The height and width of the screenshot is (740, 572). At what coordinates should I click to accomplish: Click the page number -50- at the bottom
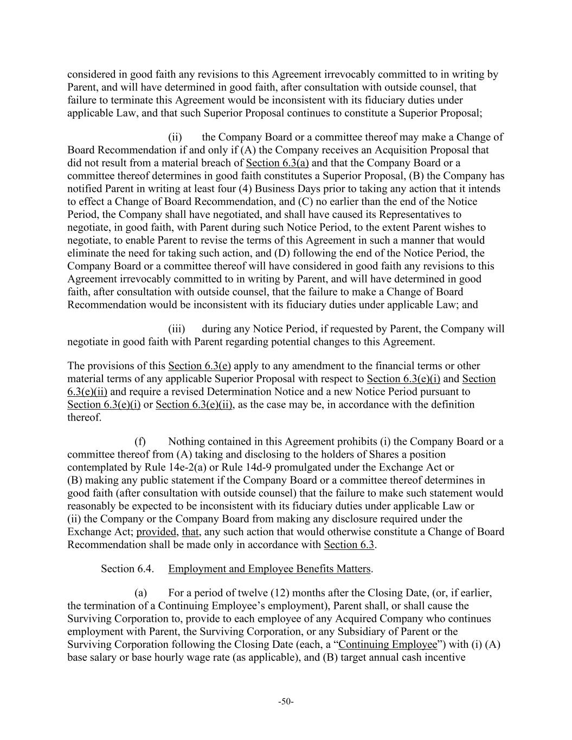(x=286, y=702)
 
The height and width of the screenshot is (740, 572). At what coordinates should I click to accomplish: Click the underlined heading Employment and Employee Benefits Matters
(x=269, y=569)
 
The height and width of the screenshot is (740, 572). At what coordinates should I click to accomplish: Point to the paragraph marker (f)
(x=140, y=442)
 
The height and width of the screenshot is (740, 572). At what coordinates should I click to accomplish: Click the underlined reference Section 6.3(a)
(x=277, y=163)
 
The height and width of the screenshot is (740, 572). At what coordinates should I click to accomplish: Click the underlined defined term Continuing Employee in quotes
(x=388, y=645)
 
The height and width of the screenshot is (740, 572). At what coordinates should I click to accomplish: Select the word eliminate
(x=88, y=253)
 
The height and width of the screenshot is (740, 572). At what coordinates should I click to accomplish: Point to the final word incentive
(x=445, y=658)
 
